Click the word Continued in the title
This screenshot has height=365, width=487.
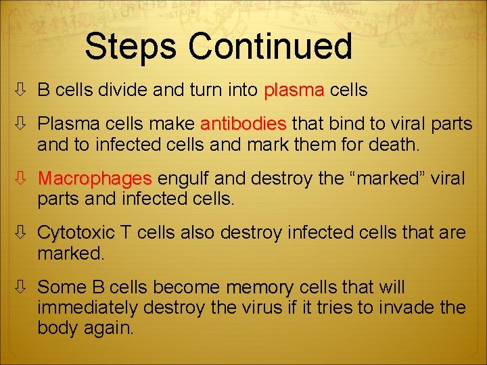point(270,47)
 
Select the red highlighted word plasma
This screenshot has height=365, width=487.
point(294,89)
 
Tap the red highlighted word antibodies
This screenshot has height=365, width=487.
point(243,125)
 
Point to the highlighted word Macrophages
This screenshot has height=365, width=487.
point(95,179)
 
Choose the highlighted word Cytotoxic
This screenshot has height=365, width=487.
point(76,233)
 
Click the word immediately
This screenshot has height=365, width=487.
point(88,308)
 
